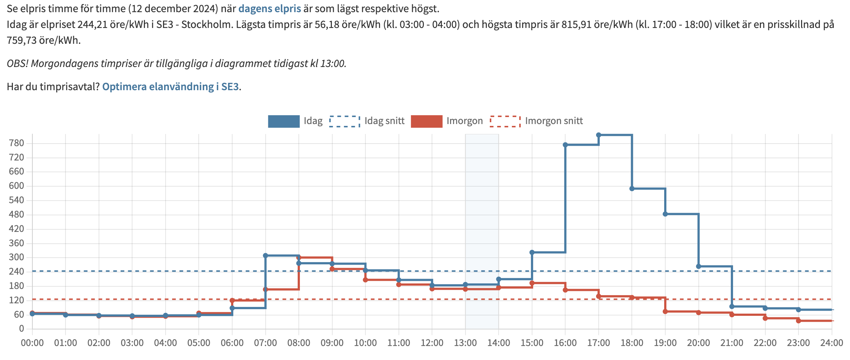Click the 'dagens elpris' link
(269, 8)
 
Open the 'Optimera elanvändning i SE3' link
(170, 87)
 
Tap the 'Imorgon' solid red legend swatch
(426, 121)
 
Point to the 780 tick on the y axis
(17, 143)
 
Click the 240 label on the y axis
(17, 272)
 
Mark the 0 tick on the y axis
(21, 329)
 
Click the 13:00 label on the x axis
(465, 343)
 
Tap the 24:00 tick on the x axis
(831, 343)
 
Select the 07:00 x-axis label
(265, 343)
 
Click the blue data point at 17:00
(598, 135)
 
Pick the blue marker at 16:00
(565, 145)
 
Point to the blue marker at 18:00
(632, 189)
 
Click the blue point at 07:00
(265, 255)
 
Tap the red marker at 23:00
(798, 321)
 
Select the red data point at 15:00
(532, 283)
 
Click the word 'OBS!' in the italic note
(17, 64)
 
